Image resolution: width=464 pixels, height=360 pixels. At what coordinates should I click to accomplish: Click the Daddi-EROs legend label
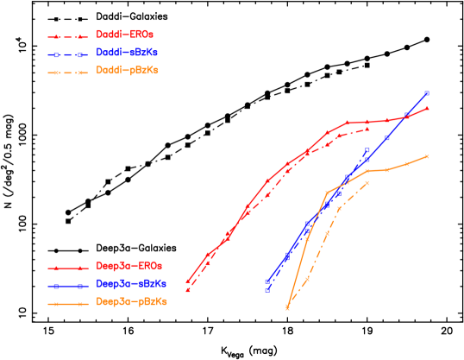pyautogui.click(x=126, y=35)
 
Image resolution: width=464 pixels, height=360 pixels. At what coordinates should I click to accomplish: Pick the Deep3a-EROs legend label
pyautogui.click(x=129, y=266)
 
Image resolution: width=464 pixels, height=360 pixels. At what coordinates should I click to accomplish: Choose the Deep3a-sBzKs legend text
pyautogui.click(x=131, y=283)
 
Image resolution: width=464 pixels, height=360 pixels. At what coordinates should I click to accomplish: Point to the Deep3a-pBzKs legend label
pyautogui.click(x=131, y=301)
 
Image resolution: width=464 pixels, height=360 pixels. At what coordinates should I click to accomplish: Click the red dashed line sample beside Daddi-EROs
pyautogui.click(x=68, y=37)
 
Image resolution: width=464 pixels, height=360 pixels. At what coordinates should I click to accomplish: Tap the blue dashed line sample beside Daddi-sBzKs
pyautogui.click(x=68, y=54)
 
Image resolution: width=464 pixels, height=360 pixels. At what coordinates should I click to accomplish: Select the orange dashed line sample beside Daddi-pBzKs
pyautogui.click(x=68, y=72)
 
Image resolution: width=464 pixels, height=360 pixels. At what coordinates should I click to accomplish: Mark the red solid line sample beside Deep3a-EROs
pyautogui.click(x=68, y=268)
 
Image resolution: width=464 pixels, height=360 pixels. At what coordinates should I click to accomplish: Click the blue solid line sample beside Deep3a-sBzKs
pyautogui.click(x=68, y=285)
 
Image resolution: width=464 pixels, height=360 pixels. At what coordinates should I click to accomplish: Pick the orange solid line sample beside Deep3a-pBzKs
pyautogui.click(x=68, y=303)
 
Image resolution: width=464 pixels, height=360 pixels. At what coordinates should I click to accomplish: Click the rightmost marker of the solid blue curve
pyautogui.click(x=427, y=93)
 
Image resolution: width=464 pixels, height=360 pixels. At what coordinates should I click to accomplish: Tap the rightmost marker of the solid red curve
pyautogui.click(x=427, y=108)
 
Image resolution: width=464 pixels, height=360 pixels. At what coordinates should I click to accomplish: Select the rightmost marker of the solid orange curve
pyautogui.click(x=427, y=156)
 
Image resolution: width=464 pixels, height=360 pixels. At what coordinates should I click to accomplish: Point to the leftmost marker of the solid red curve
pyautogui.click(x=188, y=281)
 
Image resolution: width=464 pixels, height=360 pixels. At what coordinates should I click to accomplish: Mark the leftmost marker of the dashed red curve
pyautogui.click(x=188, y=291)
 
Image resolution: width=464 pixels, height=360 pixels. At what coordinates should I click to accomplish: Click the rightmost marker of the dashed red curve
pyautogui.click(x=367, y=129)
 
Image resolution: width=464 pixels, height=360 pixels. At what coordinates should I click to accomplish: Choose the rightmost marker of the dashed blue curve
pyautogui.click(x=367, y=151)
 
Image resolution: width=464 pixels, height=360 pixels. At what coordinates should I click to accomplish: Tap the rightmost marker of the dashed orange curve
pyautogui.click(x=367, y=182)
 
